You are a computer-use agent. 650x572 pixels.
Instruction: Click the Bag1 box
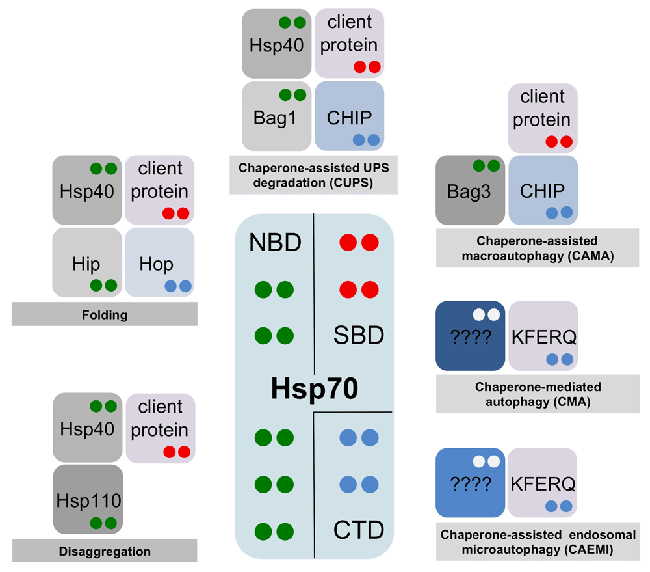point(276,116)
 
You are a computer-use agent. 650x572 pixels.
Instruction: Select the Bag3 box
point(471,190)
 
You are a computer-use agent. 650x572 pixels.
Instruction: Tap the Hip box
point(87,262)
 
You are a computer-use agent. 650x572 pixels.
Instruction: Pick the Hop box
point(159,262)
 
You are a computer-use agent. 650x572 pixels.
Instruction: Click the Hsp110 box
point(88,498)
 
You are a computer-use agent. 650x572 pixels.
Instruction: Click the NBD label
point(275,243)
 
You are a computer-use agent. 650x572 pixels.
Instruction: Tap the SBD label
point(358,336)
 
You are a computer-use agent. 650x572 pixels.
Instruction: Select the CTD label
point(358,530)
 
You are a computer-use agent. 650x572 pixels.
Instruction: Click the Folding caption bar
point(105,315)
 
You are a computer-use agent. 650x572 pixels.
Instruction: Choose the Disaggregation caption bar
point(105,551)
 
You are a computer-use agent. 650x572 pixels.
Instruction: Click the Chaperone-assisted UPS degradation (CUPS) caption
point(313,175)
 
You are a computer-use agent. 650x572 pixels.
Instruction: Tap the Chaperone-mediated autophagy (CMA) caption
point(542,394)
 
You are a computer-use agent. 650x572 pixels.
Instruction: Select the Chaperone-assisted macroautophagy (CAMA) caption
point(542,249)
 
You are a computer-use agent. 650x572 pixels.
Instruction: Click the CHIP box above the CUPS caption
point(349,116)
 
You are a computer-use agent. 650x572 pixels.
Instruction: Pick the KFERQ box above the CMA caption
point(543,336)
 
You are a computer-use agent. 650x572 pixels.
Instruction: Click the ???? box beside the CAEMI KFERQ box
point(471,482)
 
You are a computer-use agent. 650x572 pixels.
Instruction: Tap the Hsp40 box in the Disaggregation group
point(88,427)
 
